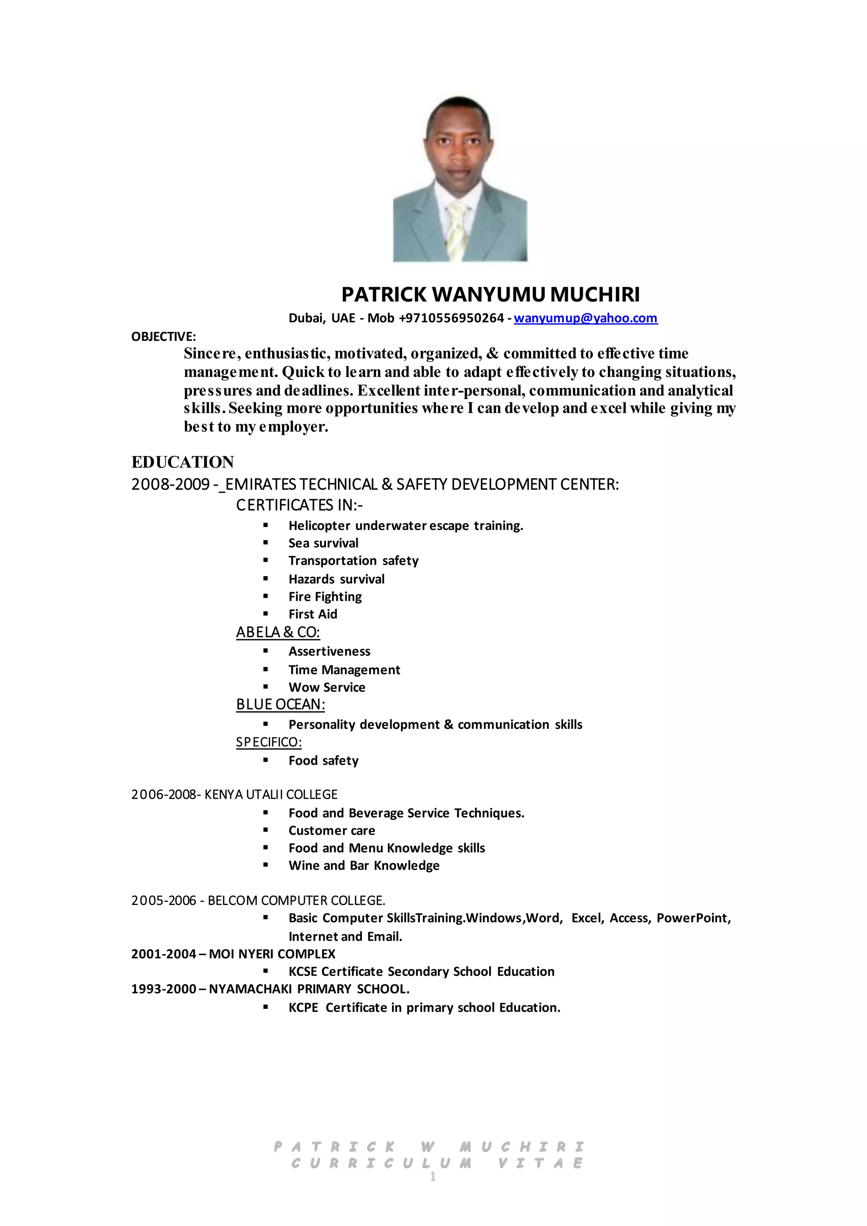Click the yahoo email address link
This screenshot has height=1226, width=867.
pos(585,318)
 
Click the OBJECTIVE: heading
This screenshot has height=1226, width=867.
pos(163,337)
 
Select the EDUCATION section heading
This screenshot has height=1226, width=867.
pos(182,462)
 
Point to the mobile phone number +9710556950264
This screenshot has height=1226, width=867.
pos(451,318)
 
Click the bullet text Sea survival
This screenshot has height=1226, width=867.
pos(323,543)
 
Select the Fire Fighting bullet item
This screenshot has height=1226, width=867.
pos(325,596)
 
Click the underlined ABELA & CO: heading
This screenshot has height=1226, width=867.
pos(278,632)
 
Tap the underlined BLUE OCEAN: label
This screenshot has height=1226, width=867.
pos(280,705)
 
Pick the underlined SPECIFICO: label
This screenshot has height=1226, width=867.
pos(268,742)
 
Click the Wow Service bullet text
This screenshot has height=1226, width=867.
pos(327,687)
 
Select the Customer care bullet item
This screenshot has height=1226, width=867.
pos(331,830)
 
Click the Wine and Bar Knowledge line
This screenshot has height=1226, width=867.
pos(364,866)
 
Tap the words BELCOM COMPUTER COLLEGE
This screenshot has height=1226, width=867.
pos(296,901)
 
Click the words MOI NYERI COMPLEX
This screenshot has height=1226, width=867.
pos(272,954)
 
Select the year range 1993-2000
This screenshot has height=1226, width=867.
pos(164,989)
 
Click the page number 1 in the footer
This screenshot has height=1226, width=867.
pos(433,1176)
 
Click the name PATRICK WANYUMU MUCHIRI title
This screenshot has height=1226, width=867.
pos(490,294)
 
